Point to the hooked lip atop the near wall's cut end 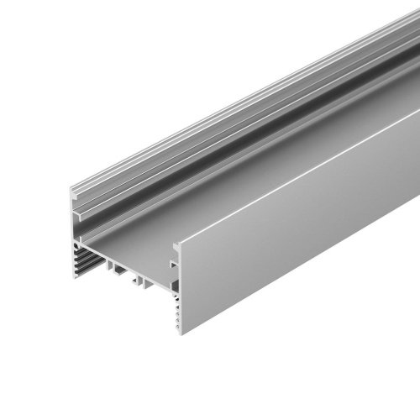[176, 246]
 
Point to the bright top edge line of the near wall [294, 176]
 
